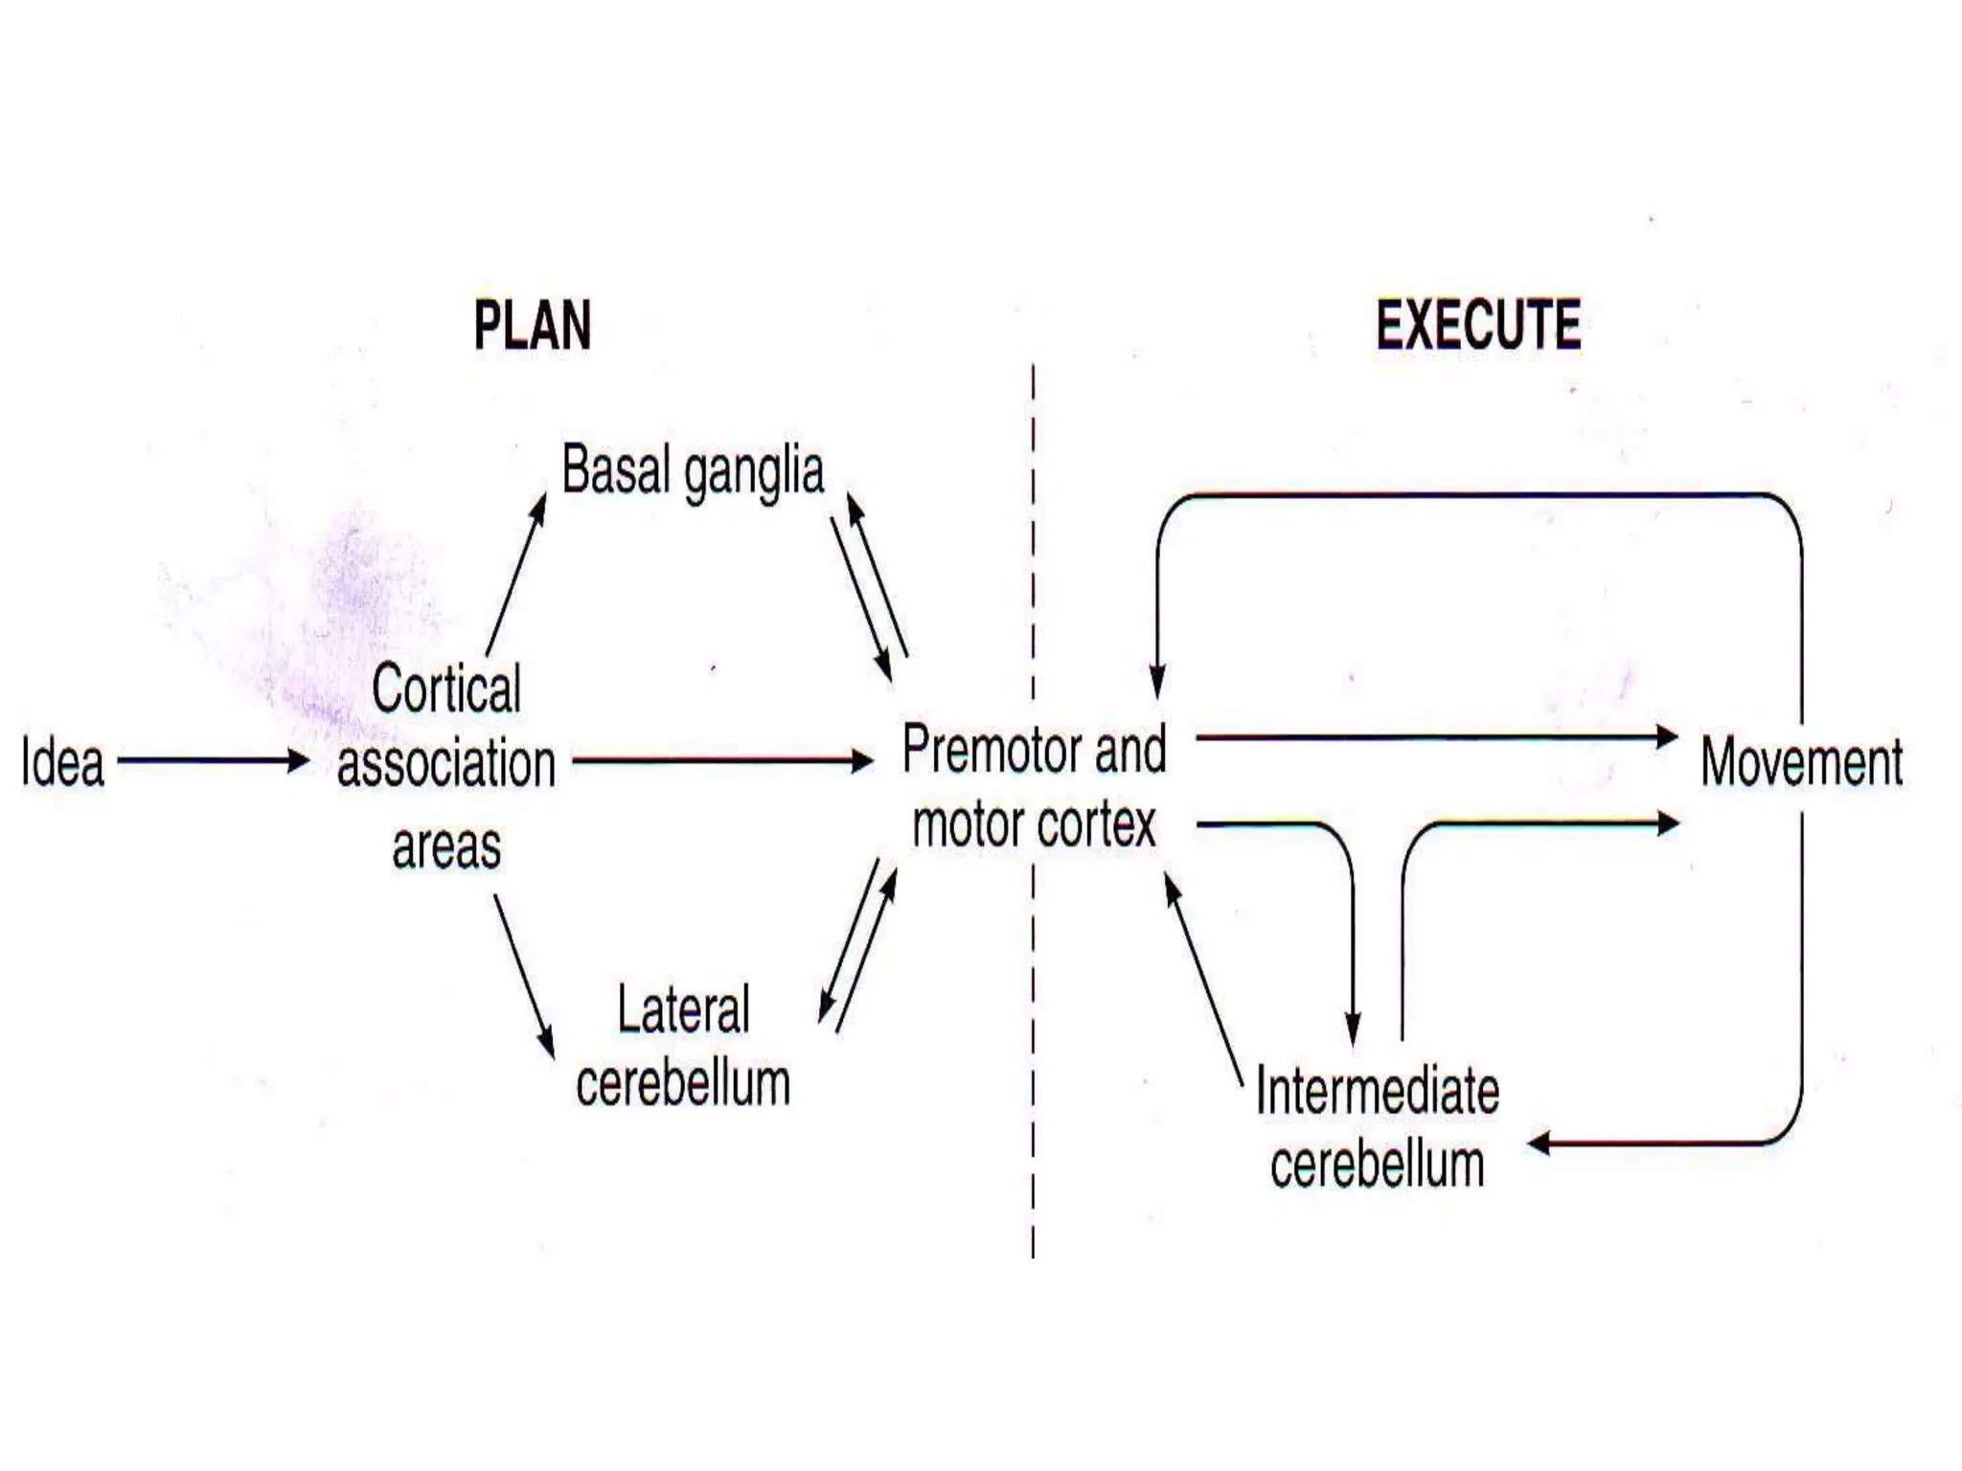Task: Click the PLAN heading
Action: click(x=533, y=326)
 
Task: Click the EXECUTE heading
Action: click(x=1478, y=326)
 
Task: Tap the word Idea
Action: click(x=63, y=763)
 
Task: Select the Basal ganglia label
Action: click(x=693, y=471)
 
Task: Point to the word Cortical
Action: click(x=446, y=688)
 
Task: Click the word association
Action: click(x=446, y=764)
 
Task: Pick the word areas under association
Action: click(x=446, y=847)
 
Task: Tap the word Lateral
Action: click(x=683, y=1009)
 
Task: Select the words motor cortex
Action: click(x=1035, y=825)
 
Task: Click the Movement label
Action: click(x=1801, y=763)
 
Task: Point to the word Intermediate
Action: click(x=1378, y=1091)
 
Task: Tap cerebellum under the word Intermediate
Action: click(x=1378, y=1165)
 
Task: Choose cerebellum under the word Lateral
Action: click(x=683, y=1083)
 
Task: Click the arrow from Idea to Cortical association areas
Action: click(x=213, y=761)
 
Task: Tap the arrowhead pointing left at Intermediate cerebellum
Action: click(x=1539, y=1143)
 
